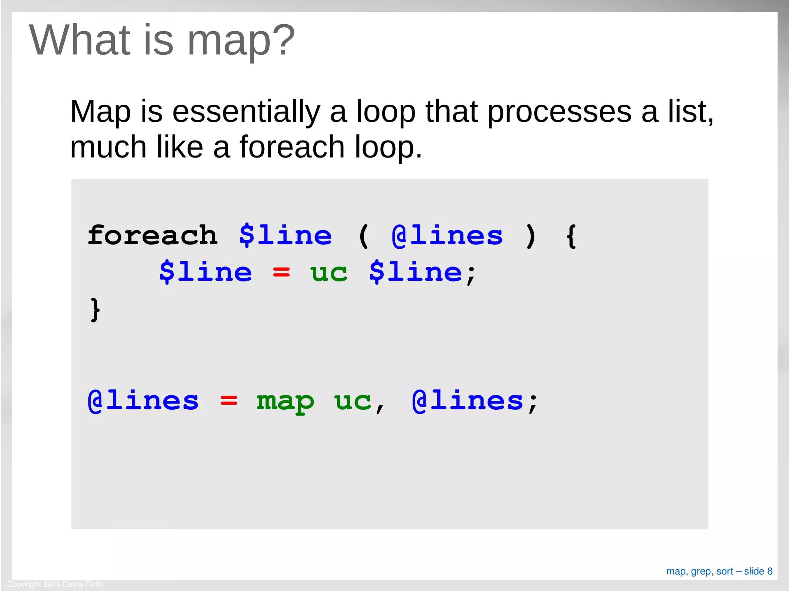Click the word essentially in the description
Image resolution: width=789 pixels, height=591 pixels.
(246, 112)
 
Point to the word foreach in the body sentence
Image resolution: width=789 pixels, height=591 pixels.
(292, 147)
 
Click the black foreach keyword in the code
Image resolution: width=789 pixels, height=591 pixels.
(153, 235)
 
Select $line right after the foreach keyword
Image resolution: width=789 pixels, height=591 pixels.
(285, 235)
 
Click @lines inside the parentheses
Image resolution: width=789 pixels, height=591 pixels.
(447, 235)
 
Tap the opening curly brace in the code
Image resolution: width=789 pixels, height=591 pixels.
(571, 236)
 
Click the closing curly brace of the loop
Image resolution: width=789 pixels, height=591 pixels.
(95, 309)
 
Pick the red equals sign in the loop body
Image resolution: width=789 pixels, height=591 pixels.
(281, 273)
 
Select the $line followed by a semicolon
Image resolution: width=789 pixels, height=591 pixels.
(415, 272)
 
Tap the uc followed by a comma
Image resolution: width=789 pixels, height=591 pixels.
(353, 401)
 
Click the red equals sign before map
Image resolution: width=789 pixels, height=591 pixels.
(229, 401)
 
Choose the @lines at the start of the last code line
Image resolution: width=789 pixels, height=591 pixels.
(143, 401)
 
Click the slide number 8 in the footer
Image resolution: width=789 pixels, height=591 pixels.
(769, 571)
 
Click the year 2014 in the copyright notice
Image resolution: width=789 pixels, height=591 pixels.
(51, 584)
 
